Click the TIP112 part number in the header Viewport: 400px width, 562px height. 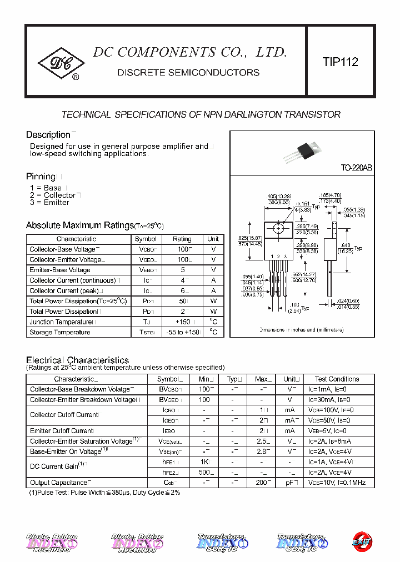pos(341,62)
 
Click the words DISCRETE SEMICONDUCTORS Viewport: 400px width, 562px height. pos(188,73)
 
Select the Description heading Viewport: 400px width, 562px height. pos(48,135)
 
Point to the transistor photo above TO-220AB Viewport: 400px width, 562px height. pos(308,150)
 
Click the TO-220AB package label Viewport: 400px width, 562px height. pos(356,168)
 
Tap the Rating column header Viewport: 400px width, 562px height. pos(182,239)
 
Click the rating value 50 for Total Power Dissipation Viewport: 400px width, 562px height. pos(182,301)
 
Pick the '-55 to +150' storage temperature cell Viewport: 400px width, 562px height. pos(182,332)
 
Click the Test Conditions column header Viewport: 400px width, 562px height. pos(337,379)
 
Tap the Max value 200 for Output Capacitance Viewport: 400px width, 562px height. pos(262,483)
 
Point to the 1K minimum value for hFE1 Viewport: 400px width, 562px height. pos(204,462)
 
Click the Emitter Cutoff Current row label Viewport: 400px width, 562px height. pos(61,431)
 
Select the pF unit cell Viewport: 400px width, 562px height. pos(289,483)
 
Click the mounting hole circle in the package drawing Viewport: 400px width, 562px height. pos(279,228)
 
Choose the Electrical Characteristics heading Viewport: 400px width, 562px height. pos(77,360)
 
